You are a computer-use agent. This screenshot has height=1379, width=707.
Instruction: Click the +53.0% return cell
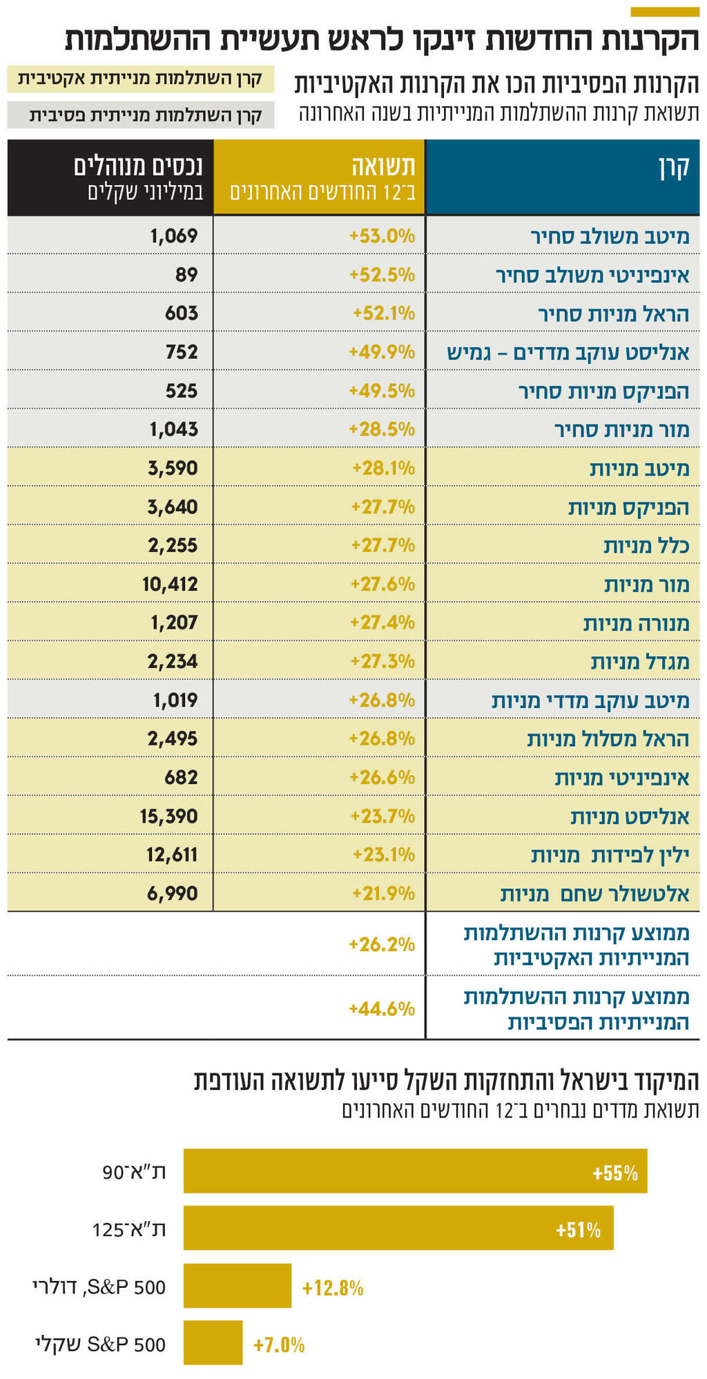point(382,236)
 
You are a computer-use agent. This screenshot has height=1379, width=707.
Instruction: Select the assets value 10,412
point(170,585)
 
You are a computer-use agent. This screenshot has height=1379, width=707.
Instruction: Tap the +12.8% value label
point(333,1288)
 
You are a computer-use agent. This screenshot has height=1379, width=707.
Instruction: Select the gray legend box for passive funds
point(140,115)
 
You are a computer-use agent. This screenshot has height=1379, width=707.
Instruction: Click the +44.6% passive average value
point(382,1009)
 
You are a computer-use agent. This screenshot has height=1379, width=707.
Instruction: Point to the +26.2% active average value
point(382,944)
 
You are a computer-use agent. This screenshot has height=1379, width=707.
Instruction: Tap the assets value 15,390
point(168,816)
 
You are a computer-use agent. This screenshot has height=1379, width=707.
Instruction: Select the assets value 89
point(186,275)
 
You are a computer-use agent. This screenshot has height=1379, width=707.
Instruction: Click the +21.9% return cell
point(383,894)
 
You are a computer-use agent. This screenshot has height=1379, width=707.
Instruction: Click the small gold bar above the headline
point(665,12)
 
